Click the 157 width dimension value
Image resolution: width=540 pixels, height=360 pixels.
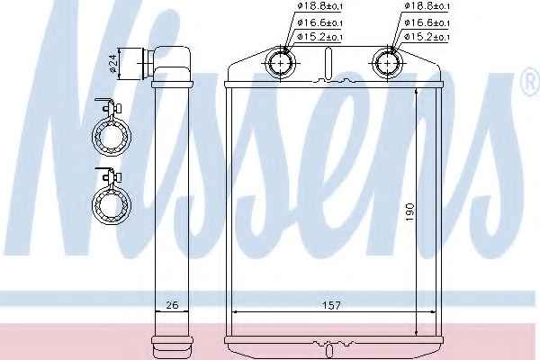[331, 305]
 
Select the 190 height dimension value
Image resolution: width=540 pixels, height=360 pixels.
[409, 212]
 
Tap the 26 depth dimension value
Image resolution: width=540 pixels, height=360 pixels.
[172, 305]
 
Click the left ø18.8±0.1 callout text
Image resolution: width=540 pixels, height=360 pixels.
[319, 6]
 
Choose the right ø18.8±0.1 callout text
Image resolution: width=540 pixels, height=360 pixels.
[427, 6]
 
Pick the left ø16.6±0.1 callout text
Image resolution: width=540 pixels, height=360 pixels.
[319, 22]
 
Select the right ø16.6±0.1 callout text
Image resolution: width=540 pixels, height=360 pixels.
[427, 22]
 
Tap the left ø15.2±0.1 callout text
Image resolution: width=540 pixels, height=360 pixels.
[319, 37]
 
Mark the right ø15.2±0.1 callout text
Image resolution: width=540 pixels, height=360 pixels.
[427, 37]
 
